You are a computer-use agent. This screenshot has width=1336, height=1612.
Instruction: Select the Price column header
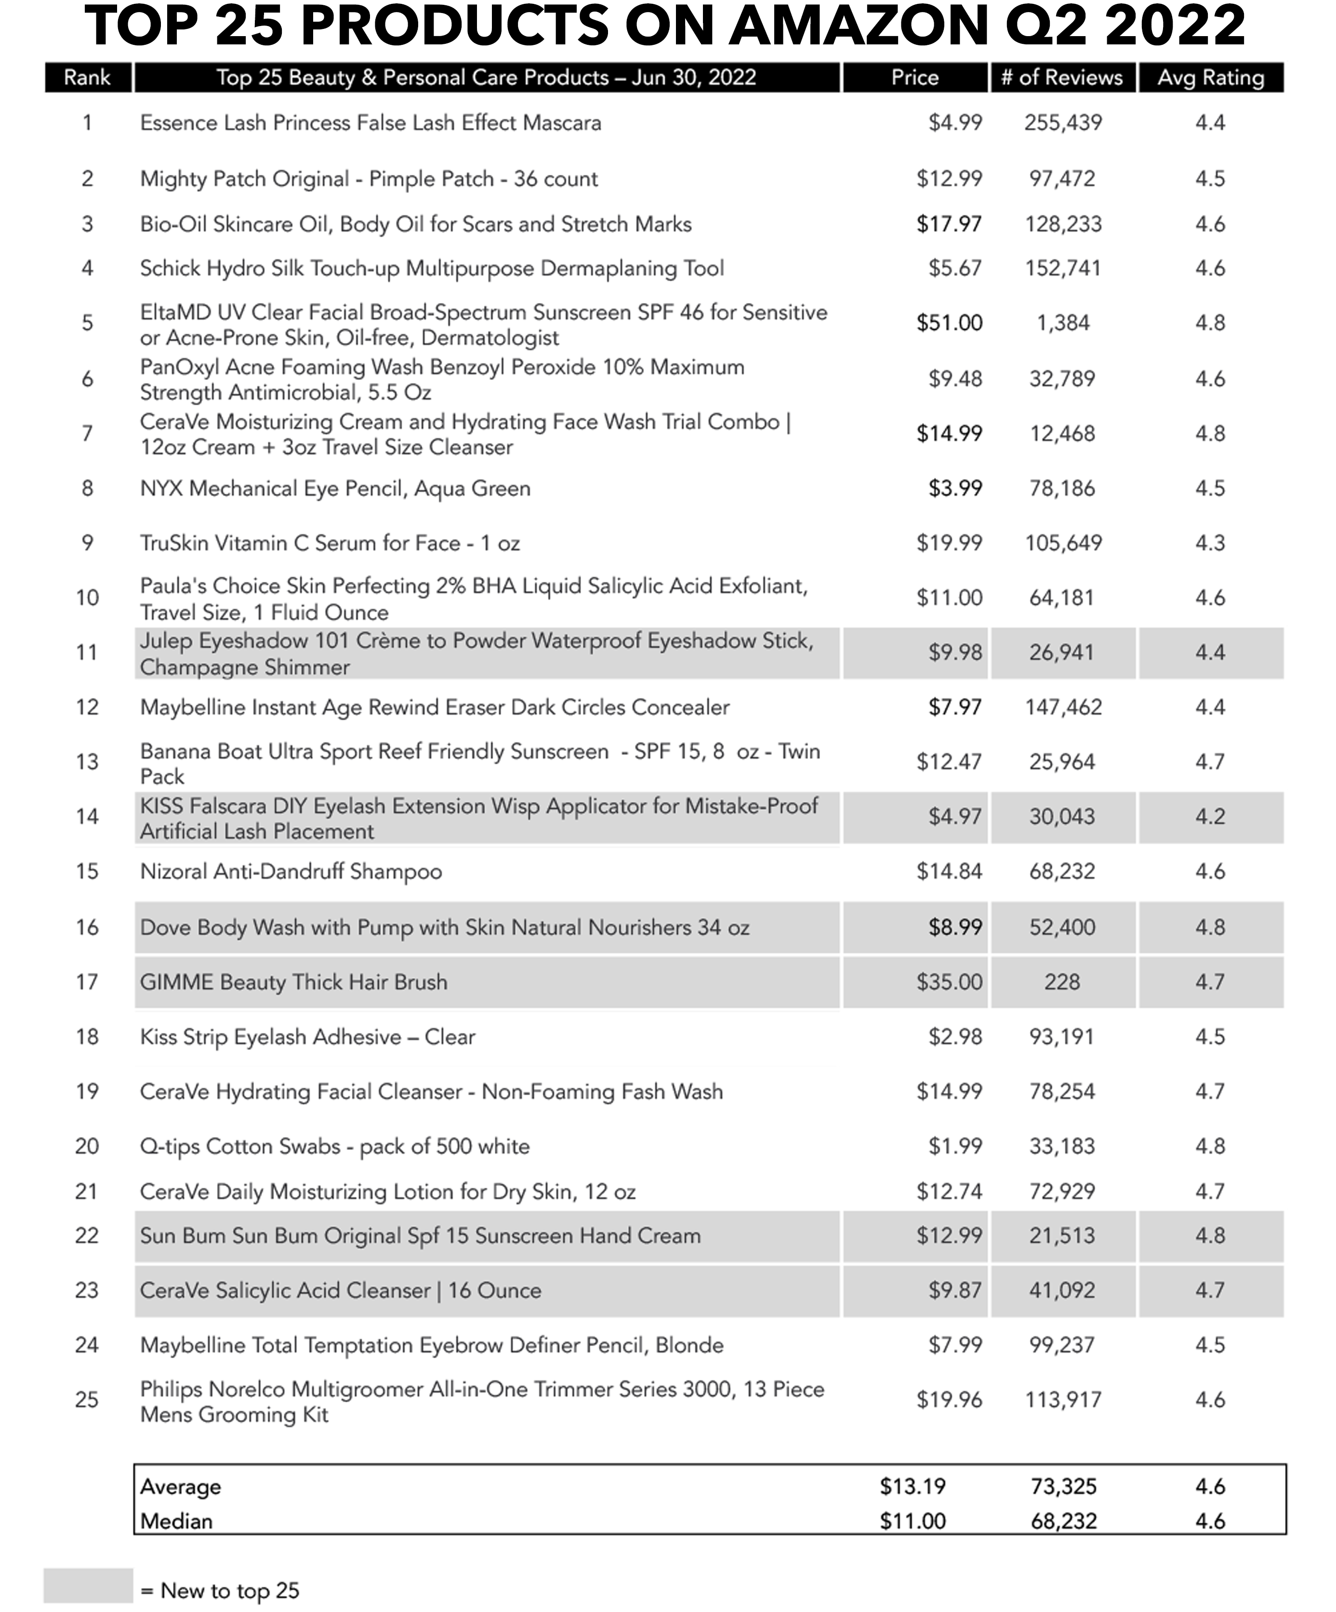pos(914,78)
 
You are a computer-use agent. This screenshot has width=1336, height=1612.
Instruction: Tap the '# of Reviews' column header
pos(1062,78)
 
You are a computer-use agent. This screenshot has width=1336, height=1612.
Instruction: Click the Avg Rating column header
pos(1210,78)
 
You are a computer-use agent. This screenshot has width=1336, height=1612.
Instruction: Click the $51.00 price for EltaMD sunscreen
pos(949,323)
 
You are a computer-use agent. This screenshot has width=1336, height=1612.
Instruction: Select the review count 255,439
pos(1063,123)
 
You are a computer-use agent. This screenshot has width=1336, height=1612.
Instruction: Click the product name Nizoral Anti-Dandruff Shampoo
pos(291,872)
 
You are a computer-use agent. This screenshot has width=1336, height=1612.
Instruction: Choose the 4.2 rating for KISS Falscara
pos(1210,817)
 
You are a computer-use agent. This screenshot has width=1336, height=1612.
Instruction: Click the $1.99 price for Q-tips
pos(955,1146)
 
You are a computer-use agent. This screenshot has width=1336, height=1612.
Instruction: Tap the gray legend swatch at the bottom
pos(88,1586)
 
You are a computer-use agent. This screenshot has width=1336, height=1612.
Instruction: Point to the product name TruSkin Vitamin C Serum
pos(330,543)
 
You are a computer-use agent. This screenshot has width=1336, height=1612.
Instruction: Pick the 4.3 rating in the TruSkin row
pos(1210,543)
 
